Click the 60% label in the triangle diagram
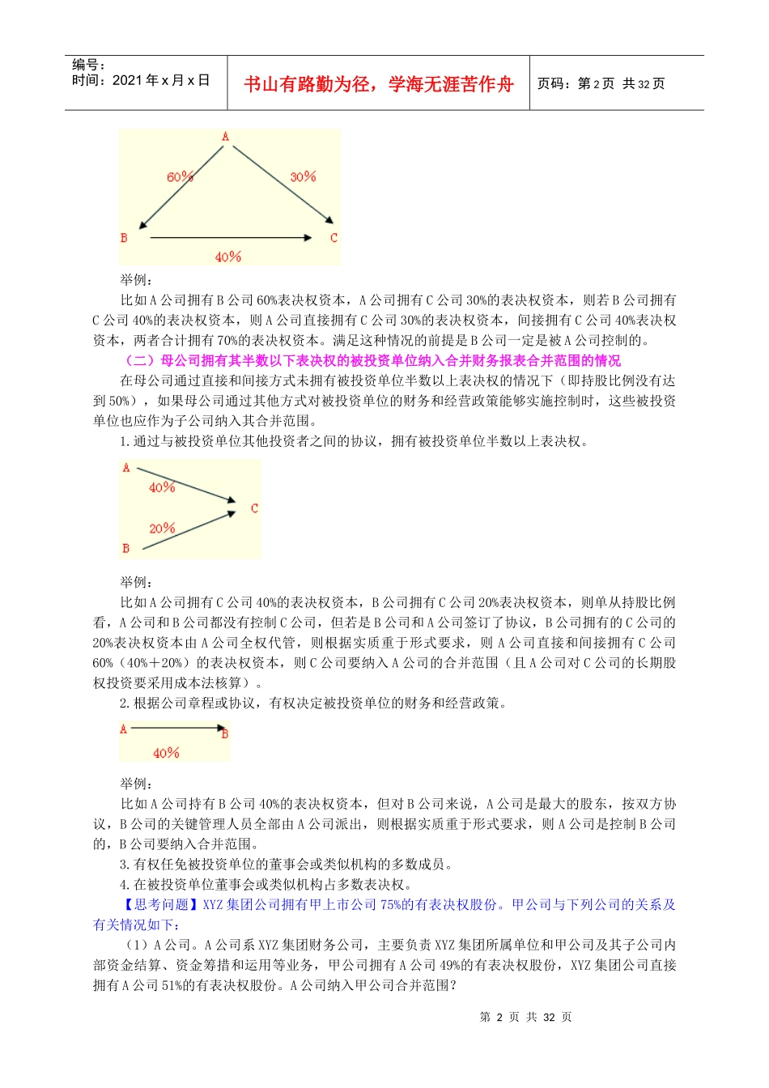click(180, 176)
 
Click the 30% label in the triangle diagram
click(303, 176)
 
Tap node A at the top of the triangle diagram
click(225, 137)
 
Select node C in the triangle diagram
click(334, 238)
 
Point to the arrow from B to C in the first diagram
click(231, 238)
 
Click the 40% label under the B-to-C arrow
click(228, 257)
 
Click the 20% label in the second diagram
click(162, 529)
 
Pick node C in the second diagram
click(254, 508)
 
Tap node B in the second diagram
click(126, 549)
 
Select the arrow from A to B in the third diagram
click(176, 729)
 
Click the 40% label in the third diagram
click(166, 753)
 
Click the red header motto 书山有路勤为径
click(378, 84)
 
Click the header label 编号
click(88, 65)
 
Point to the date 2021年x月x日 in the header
click(160, 80)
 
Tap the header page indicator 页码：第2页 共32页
click(601, 84)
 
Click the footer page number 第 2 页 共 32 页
click(525, 1017)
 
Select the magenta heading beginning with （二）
click(371, 360)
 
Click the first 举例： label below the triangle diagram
click(136, 279)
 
